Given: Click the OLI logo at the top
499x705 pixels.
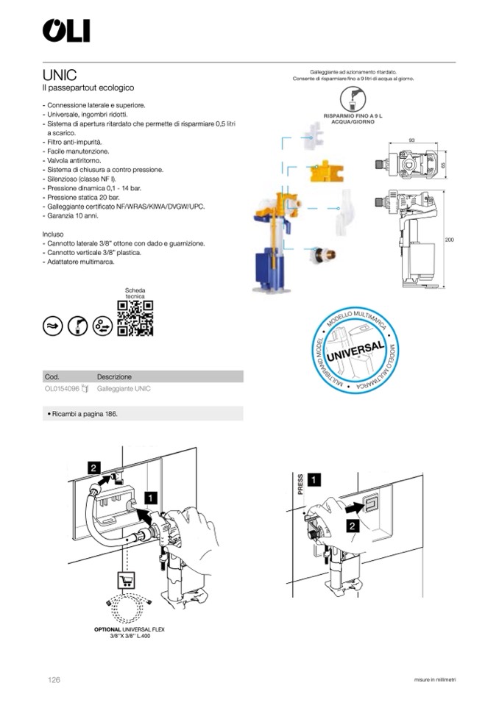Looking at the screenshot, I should (x=66, y=31).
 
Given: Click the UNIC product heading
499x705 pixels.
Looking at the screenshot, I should (x=60, y=75).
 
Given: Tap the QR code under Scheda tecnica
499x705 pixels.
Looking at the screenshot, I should (x=136, y=318).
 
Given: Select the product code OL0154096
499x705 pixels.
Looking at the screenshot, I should (x=62, y=389).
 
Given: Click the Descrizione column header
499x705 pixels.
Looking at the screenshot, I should (x=114, y=376).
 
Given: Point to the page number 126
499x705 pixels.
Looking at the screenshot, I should (x=54, y=680).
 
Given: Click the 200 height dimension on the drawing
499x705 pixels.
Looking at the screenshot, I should (x=450, y=240).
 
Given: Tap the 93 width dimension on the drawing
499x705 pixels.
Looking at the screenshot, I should (x=412, y=140).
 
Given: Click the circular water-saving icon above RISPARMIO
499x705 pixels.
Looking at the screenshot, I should (x=354, y=99).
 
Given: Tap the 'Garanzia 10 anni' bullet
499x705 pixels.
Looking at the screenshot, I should (x=71, y=216).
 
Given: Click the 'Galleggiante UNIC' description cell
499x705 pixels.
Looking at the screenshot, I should (x=124, y=389).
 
